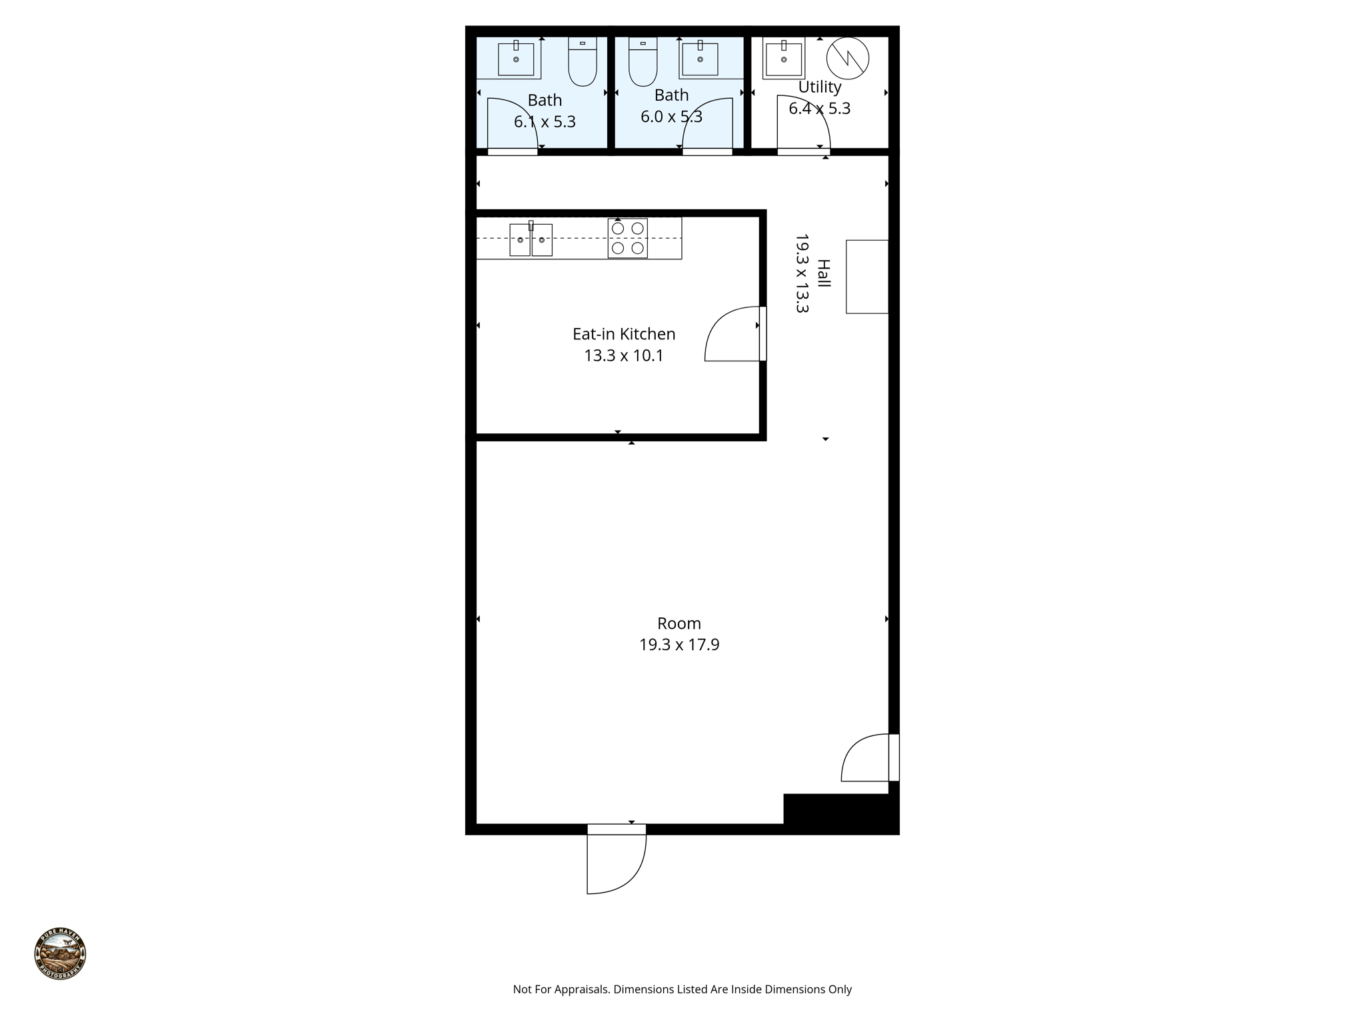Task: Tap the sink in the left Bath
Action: (516, 59)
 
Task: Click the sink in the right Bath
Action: (700, 59)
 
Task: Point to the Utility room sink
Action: (784, 59)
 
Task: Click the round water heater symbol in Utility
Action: (848, 58)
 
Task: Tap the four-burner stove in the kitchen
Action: (627, 238)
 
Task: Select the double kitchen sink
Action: (531, 239)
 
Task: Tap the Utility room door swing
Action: (802, 124)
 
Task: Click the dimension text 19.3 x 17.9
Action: (679, 645)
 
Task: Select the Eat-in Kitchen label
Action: (624, 334)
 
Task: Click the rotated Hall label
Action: (824, 273)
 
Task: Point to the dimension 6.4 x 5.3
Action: (819, 109)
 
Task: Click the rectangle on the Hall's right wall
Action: (866, 277)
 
